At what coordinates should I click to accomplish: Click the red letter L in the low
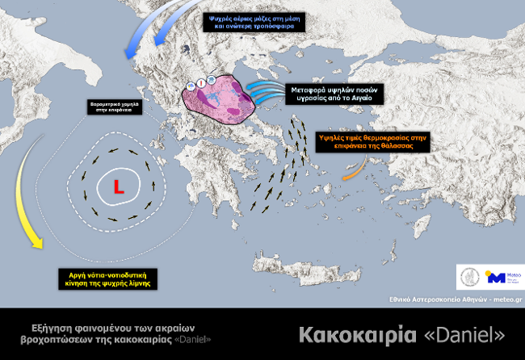118,188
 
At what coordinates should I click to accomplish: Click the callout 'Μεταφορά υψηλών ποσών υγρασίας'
332,93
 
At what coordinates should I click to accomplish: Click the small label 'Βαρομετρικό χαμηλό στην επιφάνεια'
111,107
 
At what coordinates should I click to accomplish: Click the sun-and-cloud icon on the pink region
191,83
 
